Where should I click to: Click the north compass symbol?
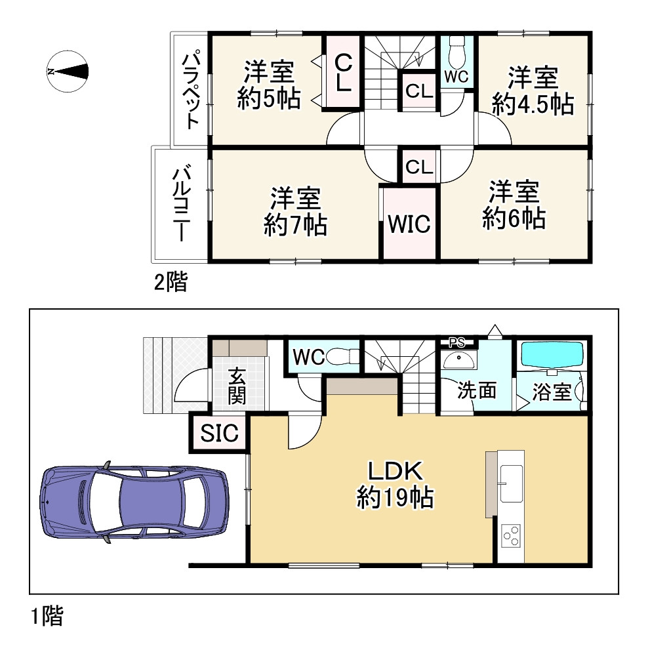point(68,72)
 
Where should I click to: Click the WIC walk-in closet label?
point(409,224)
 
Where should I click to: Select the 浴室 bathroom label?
point(550,393)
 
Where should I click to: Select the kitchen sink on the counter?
point(511,482)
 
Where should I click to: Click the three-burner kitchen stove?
point(511,536)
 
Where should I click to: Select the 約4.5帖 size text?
point(532,105)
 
